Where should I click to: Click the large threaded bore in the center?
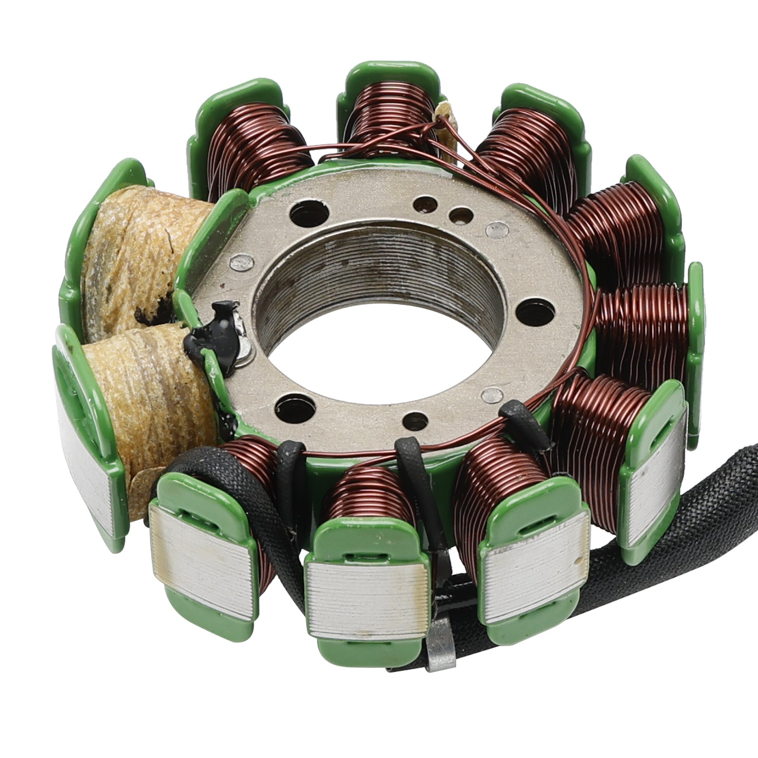click(379, 303)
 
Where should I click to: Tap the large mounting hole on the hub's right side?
click(527, 310)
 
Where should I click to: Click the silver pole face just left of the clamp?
click(365, 602)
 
